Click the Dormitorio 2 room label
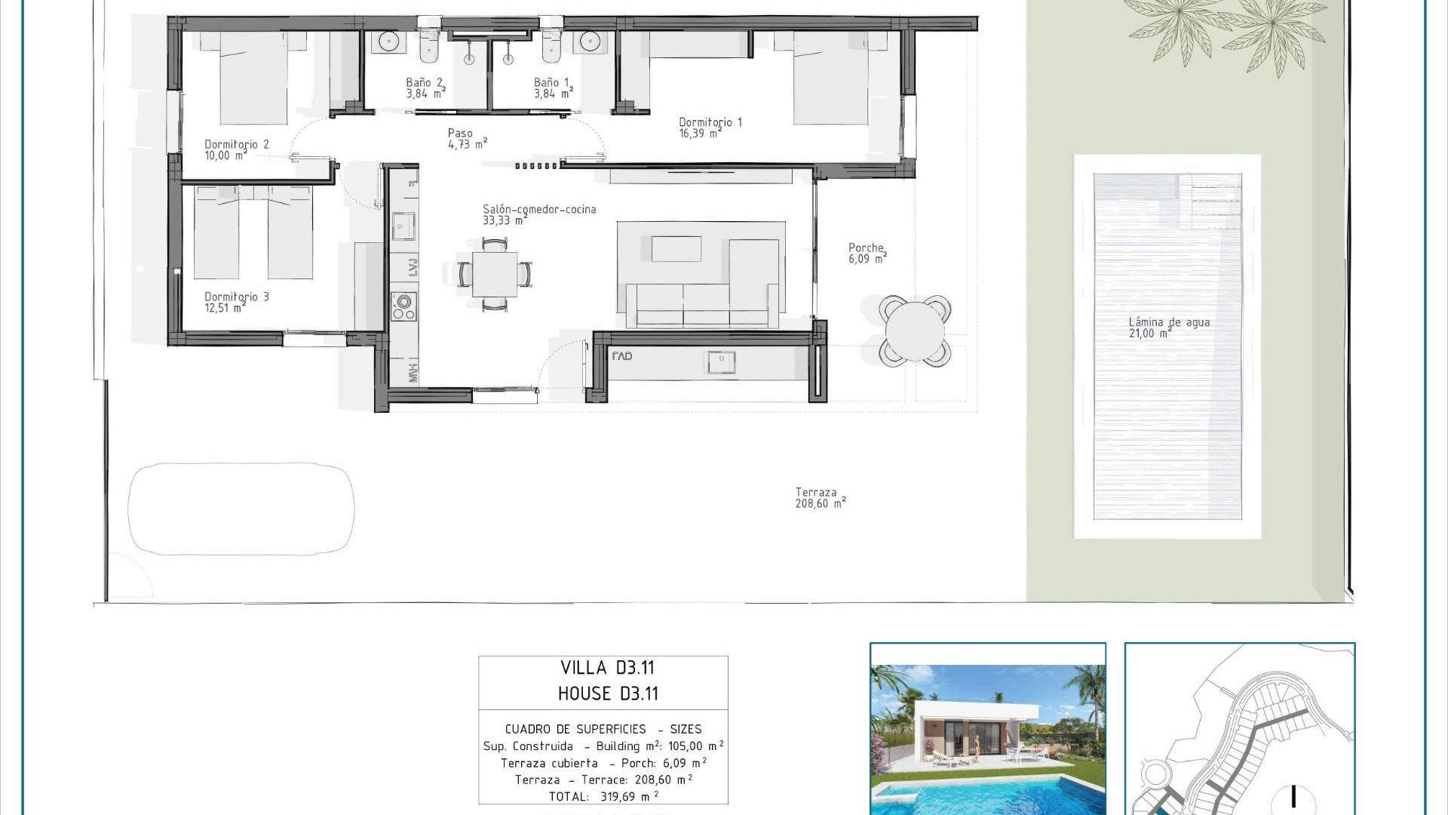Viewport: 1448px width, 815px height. click(x=236, y=149)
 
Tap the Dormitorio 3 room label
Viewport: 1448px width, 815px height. click(x=236, y=302)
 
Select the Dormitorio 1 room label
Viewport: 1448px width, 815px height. click(x=710, y=128)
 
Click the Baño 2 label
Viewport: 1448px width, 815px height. click(x=425, y=88)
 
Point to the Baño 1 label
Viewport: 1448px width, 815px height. click(x=553, y=88)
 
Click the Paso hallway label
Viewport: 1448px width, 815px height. click(x=467, y=139)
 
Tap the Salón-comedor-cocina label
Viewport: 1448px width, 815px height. click(x=538, y=214)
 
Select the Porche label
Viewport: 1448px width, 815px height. click(x=867, y=253)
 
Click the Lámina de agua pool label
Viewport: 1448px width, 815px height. click(x=1168, y=328)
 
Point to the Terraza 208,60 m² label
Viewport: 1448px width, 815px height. click(x=820, y=498)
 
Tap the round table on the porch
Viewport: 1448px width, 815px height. click(x=915, y=331)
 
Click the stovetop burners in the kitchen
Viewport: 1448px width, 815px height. click(x=403, y=306)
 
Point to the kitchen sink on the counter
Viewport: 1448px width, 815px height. click(x=403, y=226)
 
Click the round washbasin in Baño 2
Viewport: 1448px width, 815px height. click(x=388, y=42)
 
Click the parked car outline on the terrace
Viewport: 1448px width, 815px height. click(x=241, y=509)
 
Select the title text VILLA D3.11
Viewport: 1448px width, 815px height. click(x=607, y=668)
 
